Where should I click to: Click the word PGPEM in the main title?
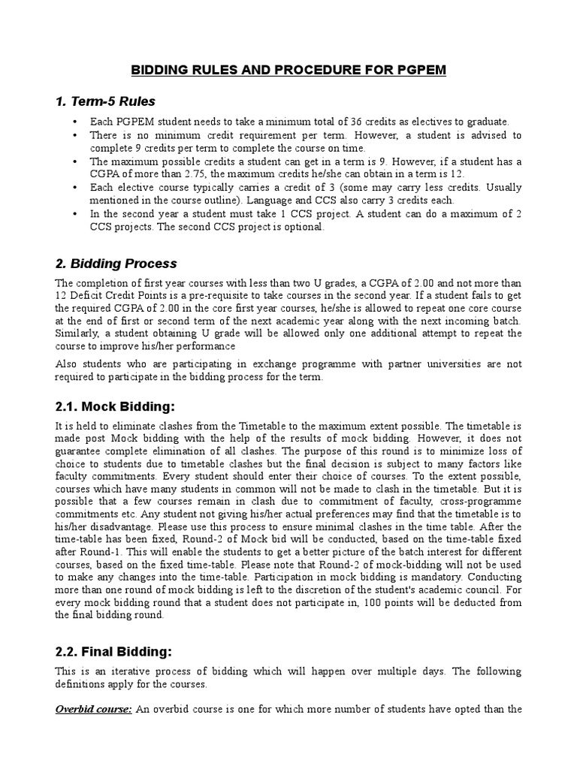418,70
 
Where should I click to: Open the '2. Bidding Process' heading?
116,264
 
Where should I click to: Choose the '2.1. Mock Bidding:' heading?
115,406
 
